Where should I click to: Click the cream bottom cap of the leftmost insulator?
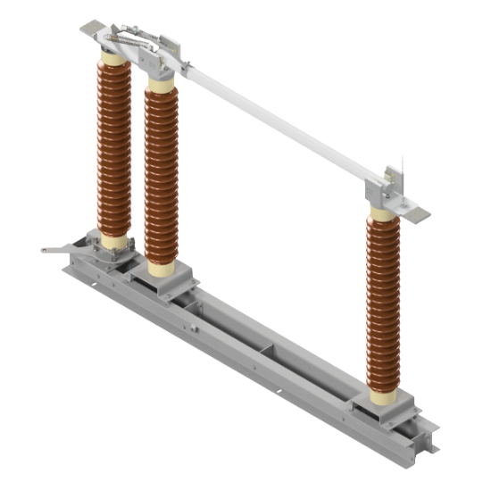[x=113, y=241]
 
